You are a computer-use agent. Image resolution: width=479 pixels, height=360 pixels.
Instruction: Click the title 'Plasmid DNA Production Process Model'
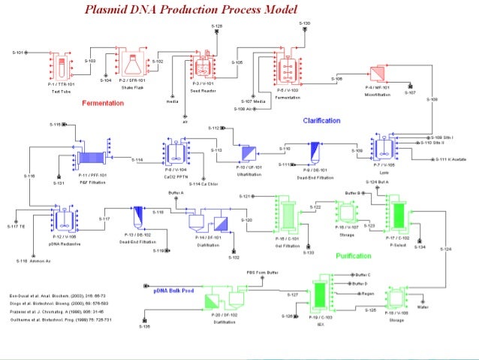[x=191, y=9]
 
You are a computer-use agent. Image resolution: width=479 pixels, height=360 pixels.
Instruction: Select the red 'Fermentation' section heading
[x=102, y=104]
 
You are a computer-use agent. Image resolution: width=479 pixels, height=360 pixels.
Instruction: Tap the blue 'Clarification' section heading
[x=321, y=120]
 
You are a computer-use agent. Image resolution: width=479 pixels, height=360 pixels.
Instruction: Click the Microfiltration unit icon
[x=377, y=74]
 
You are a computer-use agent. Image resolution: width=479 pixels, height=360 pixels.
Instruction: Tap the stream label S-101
[x=19, y=53]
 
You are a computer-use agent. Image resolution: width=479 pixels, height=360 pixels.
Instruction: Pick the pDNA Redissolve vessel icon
[x=63, y=219]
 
